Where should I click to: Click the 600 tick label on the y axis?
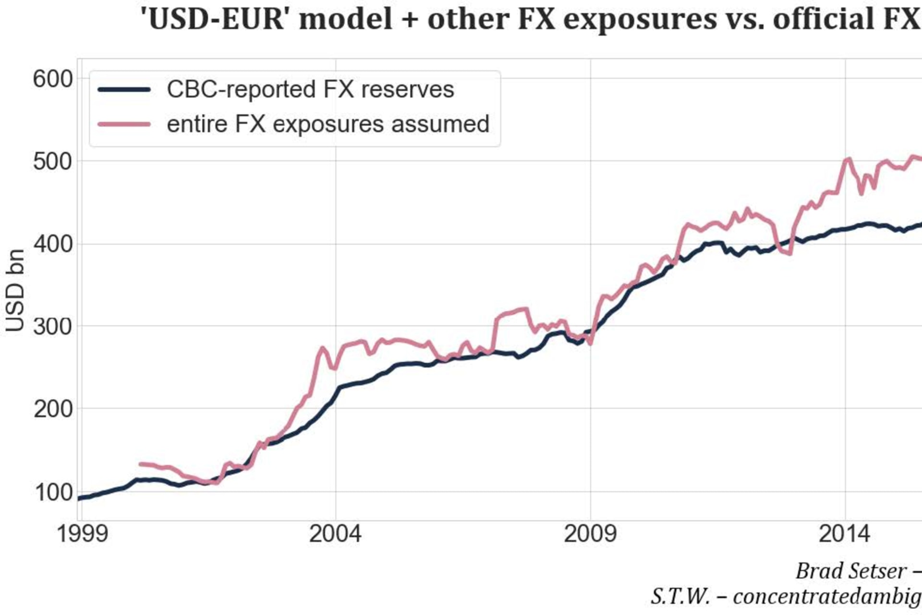[53, 79]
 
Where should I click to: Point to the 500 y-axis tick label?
[53, 162]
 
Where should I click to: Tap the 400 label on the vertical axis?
[53, 245]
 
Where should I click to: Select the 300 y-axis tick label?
[53, 327]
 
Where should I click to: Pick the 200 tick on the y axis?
[53, 409]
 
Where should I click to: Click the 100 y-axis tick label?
[53, 492]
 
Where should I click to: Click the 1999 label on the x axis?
[82, 534]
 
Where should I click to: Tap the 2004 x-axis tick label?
[335, 534]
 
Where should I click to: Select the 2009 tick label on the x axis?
[590, 534]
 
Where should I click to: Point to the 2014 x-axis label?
[844, 534]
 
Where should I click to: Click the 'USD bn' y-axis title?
[15, 291]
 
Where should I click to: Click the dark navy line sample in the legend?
[124, 90]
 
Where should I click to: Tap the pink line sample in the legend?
[124, 124]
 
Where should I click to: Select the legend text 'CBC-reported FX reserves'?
[310, 90]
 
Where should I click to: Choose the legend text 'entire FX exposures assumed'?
[328, 124]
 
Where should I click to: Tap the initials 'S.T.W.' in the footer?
[680, 597]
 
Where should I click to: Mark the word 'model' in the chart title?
[346, 19]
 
